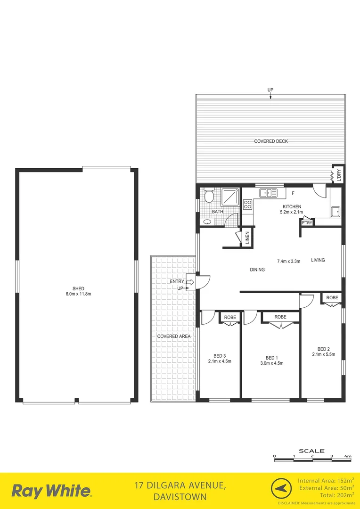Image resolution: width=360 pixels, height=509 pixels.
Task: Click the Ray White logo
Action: [x=51, y=491]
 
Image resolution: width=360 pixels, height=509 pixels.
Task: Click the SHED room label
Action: [x=78, y=288]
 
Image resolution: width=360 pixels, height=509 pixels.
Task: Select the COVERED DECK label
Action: [x=271, y=141]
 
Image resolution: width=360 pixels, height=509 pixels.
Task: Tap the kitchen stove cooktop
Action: [x=248, y=204]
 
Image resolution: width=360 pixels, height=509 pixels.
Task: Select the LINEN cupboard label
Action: [x=247, y=238]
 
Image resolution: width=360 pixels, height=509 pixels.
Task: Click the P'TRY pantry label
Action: [x=307, y=223]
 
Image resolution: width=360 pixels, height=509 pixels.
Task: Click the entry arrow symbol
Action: [x=190, y=282]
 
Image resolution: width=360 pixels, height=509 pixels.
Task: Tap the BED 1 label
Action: [x=271, y=357]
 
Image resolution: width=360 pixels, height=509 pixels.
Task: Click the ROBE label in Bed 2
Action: [x=332, y=298]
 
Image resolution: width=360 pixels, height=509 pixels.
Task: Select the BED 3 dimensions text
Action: [x=220, y=361]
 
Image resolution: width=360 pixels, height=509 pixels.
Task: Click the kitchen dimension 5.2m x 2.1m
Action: [x=292, y=213]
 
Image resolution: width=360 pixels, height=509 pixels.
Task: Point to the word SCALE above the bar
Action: [x=312, y=451]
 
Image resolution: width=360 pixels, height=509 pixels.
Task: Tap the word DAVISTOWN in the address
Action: [x=180, y=497]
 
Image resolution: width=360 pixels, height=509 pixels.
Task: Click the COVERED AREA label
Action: [x=174, y=337]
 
